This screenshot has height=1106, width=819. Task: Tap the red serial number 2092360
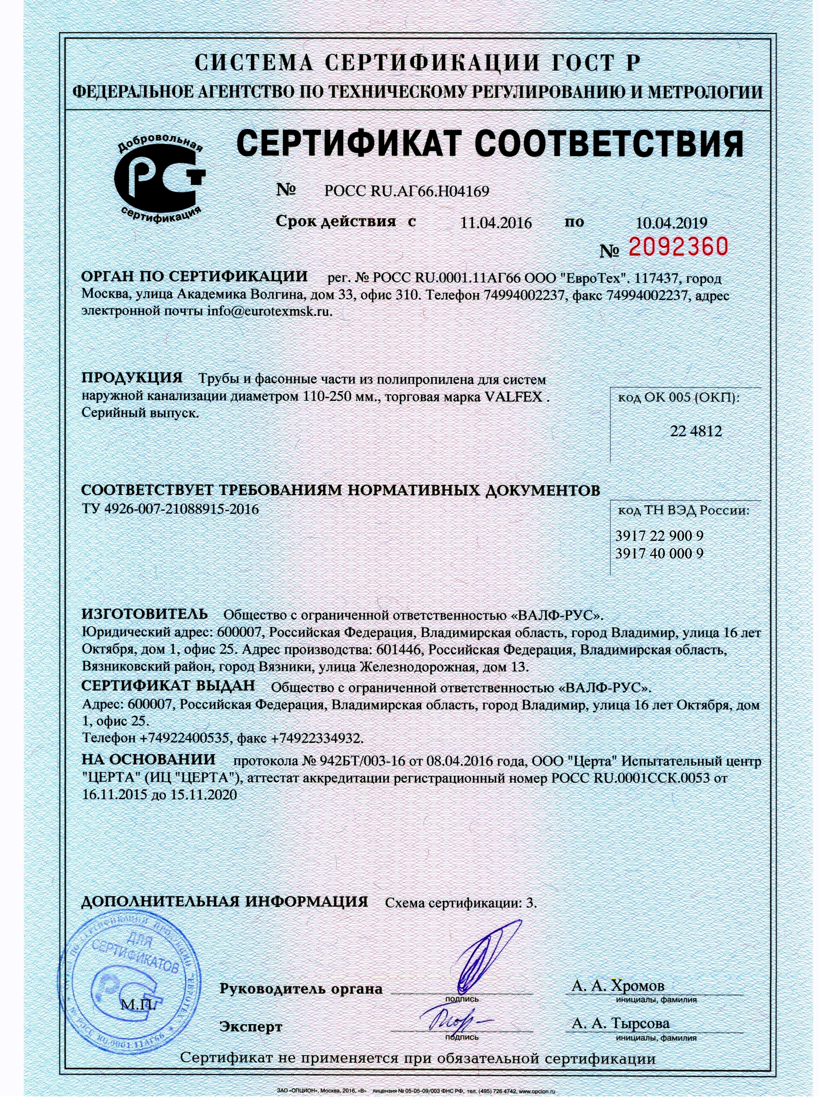tap(679, 246)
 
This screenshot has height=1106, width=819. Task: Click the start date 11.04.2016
tap(496, 223)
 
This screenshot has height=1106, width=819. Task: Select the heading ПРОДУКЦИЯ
tap(132, 379)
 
